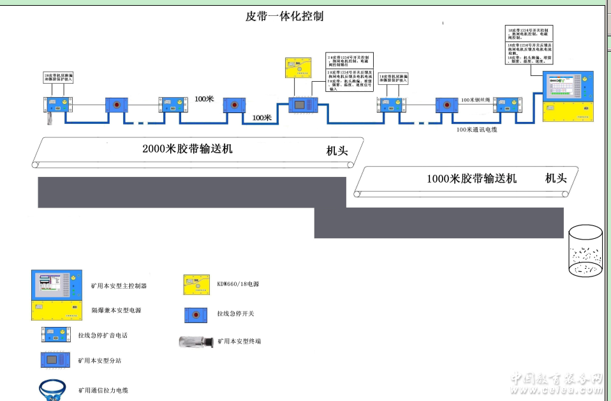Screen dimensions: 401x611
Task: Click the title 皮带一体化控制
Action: tap(284, 17)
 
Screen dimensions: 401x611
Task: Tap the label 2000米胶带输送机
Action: tap(188, 149)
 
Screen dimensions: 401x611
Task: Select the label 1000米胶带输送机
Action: tap(471, 179)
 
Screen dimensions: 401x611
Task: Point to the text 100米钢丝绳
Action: tap(476, 100)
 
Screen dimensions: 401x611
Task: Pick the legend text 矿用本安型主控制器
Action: tap(119, 286)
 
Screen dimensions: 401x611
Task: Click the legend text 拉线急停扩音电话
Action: tap(107, 335)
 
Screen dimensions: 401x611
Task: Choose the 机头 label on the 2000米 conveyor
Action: tap(337, 151)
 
